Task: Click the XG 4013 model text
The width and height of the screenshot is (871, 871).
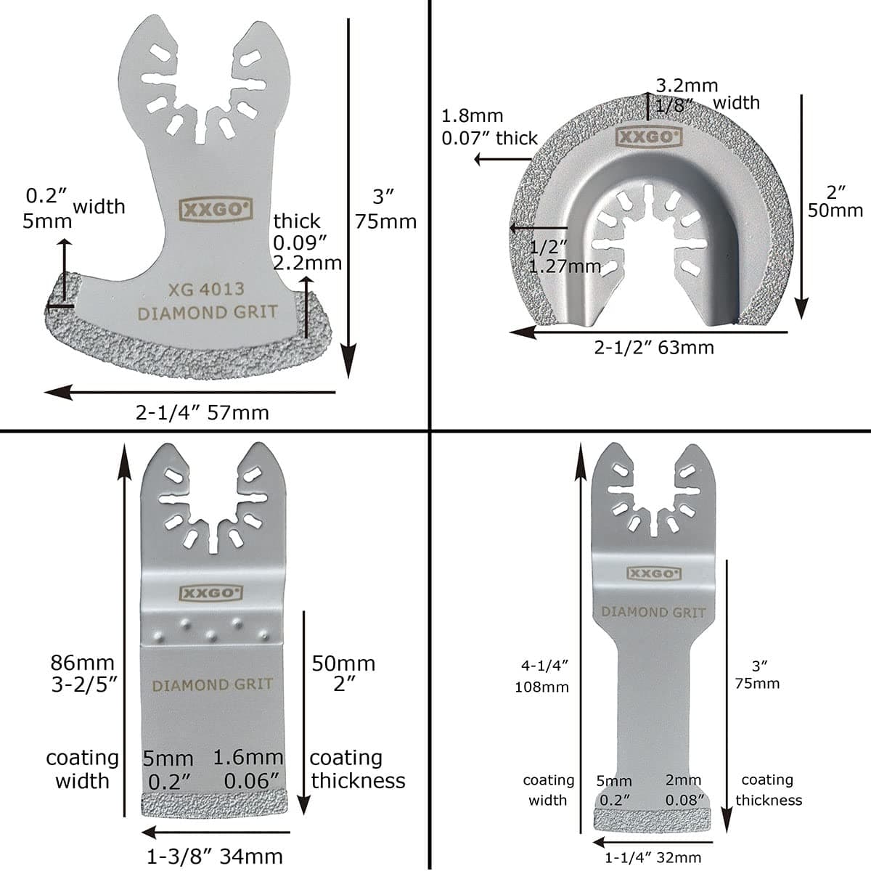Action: [x=207, y=289]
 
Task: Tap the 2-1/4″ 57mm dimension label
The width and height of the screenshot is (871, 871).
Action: [x=203, y=413]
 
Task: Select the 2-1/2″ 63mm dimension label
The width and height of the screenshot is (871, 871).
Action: [x=654, y=348]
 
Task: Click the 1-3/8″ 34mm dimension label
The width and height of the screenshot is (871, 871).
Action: [x=215, y=856]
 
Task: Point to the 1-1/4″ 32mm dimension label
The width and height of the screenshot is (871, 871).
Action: [x=653, y=858]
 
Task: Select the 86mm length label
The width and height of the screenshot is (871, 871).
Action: [x=83, y=663]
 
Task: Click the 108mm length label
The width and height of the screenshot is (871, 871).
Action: [x=541, y=687]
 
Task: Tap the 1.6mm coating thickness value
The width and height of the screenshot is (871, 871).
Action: [x=248, y=758]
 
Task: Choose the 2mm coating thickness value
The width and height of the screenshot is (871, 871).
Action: [x=683, y=781]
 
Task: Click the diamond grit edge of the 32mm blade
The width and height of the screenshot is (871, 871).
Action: [x=653, y=821]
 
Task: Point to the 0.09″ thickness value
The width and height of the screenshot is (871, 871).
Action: [x=296, y=242]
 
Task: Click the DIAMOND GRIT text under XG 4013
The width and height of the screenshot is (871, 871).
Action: [x=208, y=313]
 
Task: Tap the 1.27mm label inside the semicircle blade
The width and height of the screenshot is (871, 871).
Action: [x=565, y=266]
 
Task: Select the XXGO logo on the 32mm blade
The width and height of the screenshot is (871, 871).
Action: [x=654, y=573]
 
